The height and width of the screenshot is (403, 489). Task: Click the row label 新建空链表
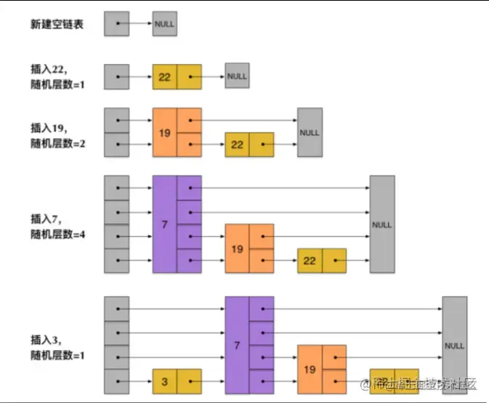tap(57, 24)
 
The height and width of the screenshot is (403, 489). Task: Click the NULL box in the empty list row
tap(164, 24)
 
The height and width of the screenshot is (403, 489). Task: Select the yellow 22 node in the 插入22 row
tap(177, 76)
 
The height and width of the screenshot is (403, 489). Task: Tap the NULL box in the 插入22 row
tap(237, 76)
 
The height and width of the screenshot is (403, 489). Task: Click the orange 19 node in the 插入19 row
tap(177, 132)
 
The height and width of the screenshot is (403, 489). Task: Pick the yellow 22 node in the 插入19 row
tap(249, 144)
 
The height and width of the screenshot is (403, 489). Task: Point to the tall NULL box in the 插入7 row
tap(382, 224)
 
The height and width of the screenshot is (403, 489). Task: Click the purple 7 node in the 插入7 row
tap(177, 224)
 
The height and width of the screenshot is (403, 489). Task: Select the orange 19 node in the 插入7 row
tap(249, 248)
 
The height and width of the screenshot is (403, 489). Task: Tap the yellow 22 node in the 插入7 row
tap(322, 261)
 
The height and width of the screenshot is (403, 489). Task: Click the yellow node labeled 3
tap(177, 381)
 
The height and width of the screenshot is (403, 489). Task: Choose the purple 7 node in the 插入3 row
tap(249, 345)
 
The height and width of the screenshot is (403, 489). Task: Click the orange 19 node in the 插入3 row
tap(322, 369)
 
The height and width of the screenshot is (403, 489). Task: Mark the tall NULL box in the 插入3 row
tap(455, 345)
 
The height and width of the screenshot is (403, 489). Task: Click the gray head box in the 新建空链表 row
tap(116, 24)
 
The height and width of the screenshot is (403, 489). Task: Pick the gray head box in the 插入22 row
tap(116, 76)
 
